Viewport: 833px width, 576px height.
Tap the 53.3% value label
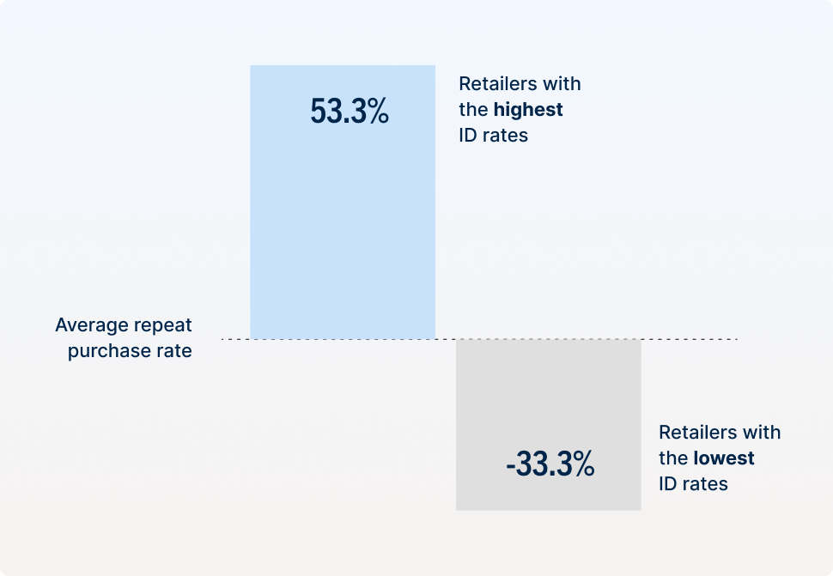click(x=350, y=112)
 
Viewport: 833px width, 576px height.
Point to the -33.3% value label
click(x=550, y=464)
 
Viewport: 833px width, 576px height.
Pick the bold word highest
click(x=528, y=110)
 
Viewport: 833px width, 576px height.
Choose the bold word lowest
click(x=724, y=458)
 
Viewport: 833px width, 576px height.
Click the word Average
click(x=93, y=325)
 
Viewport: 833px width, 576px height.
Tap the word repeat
click(x=164, y=325)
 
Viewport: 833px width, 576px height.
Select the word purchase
click(x=110, y=351)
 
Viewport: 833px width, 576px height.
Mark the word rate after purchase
click(x=174, y=351)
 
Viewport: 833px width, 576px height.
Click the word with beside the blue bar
click(x=563, y=84)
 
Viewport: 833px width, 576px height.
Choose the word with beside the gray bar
click(x=763, y=433)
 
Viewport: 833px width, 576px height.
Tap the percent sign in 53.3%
click(x=378, y=112)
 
